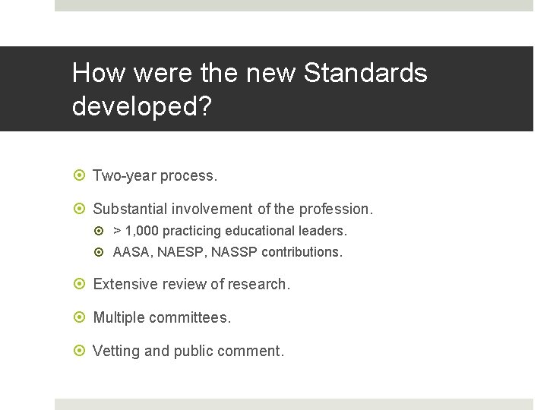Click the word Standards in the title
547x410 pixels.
[365, 74]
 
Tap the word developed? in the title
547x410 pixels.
[141, 106]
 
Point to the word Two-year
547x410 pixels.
[124, 175]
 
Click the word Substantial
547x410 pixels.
[130, 209]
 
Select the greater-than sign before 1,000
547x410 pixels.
[117, 230]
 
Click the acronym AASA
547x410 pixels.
[132, 251]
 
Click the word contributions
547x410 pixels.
[302, 251]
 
